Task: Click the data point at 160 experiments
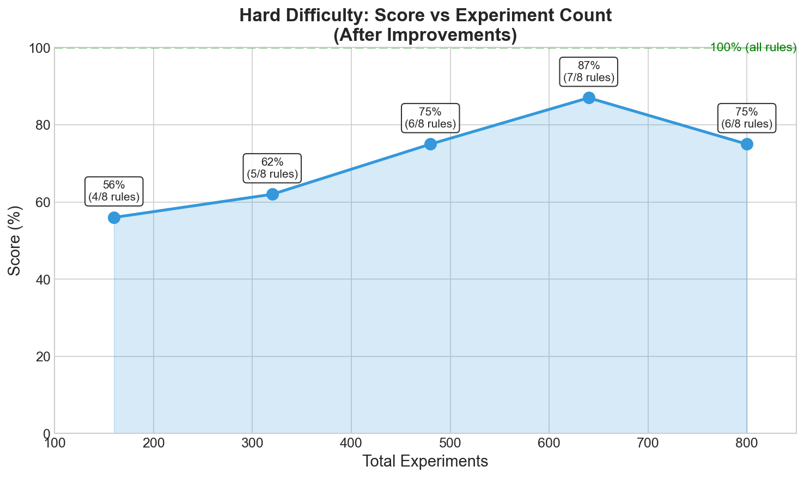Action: click(x=114, y=217)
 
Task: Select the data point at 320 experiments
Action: click(x=272, y=194)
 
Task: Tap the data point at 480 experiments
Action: click(x=430, y=144)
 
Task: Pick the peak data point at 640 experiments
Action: click(x=589, y=98)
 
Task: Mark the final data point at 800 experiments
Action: click(x=747, y=144)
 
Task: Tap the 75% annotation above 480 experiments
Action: click(x=430, y=118)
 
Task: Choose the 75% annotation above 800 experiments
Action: click(x=747, y=118)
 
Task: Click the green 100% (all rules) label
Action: click(x=753, y=47)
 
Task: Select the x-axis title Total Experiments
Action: click(x=425, y=462)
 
